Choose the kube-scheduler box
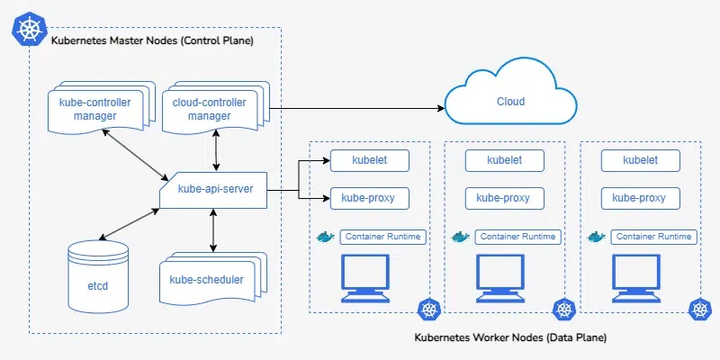(x=206, y=279)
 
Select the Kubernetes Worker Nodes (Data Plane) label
(x=510, y=337)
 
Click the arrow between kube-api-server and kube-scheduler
(x=213, y=233)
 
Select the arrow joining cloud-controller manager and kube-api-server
(x=216, y=151)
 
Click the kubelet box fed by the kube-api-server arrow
(x=370, y=160)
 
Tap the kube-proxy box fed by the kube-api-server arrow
(x=370, y=198)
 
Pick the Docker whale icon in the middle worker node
(x=461, y=238)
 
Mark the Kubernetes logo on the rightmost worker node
(x=699, y=310)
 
